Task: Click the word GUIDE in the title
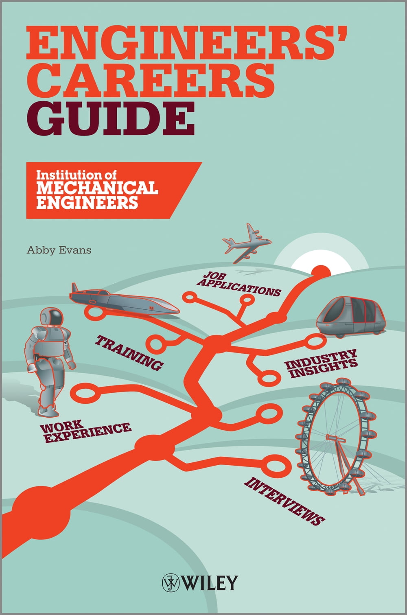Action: tap(110, 117)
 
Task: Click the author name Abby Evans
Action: tap(59, 250)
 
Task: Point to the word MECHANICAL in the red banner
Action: tap(97, 188)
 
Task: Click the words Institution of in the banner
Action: tap(76, 175)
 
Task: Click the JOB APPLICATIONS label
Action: tap(239, 285)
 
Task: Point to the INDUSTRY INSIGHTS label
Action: tap(322, 363)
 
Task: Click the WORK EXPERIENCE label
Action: tap(85, 431)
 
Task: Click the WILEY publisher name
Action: tap(210, 583)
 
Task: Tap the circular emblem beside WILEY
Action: tap(171, 583)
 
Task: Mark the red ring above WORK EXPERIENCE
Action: tap(85, 394)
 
